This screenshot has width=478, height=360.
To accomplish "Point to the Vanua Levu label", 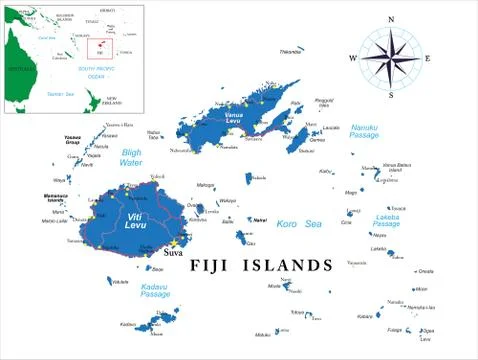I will point(234,118).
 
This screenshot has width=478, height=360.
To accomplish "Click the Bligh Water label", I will point(131,156).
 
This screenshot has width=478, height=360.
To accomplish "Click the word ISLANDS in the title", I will point(290,265).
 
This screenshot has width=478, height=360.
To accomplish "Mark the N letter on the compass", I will point(390,19).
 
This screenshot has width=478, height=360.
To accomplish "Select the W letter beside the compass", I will point(352,58).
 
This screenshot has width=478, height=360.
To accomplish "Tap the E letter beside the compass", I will point(428,58).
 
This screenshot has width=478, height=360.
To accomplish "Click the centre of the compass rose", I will point(390,58).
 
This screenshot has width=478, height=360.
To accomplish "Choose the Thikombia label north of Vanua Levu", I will point(289,50).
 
